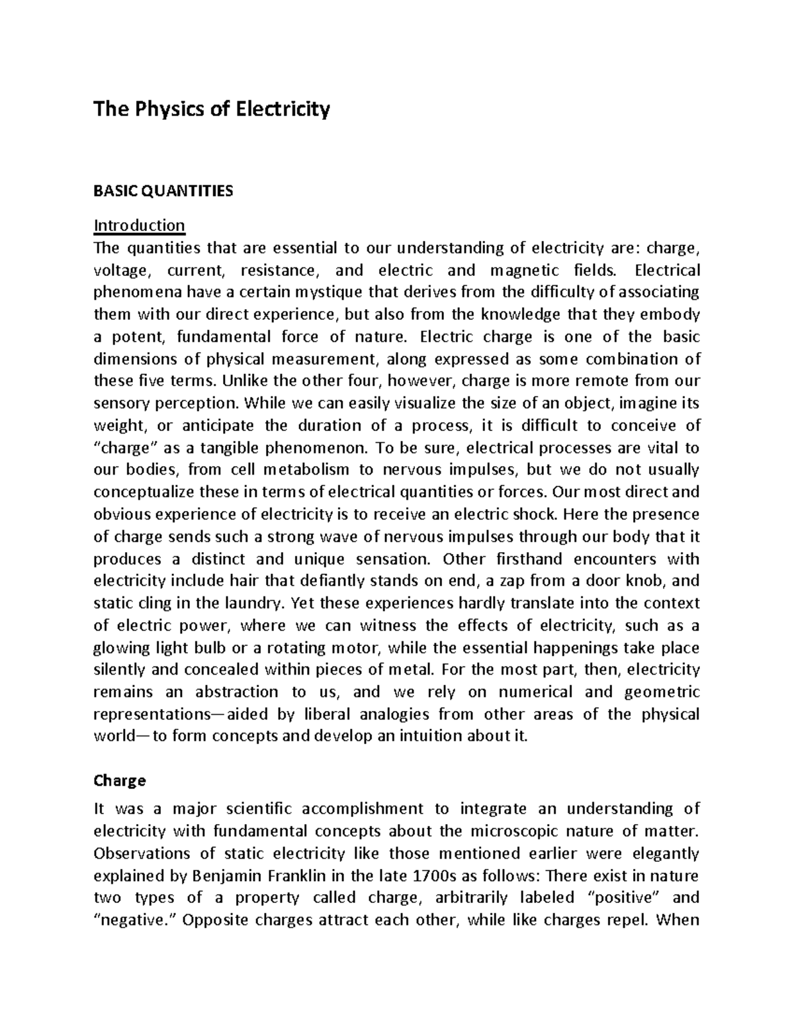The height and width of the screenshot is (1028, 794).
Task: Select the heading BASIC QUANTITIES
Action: click(x=163, y=191)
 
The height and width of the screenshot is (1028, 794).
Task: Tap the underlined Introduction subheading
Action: click(x=139, y=225)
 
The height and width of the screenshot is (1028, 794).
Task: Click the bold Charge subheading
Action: click(x=119, y=780)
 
